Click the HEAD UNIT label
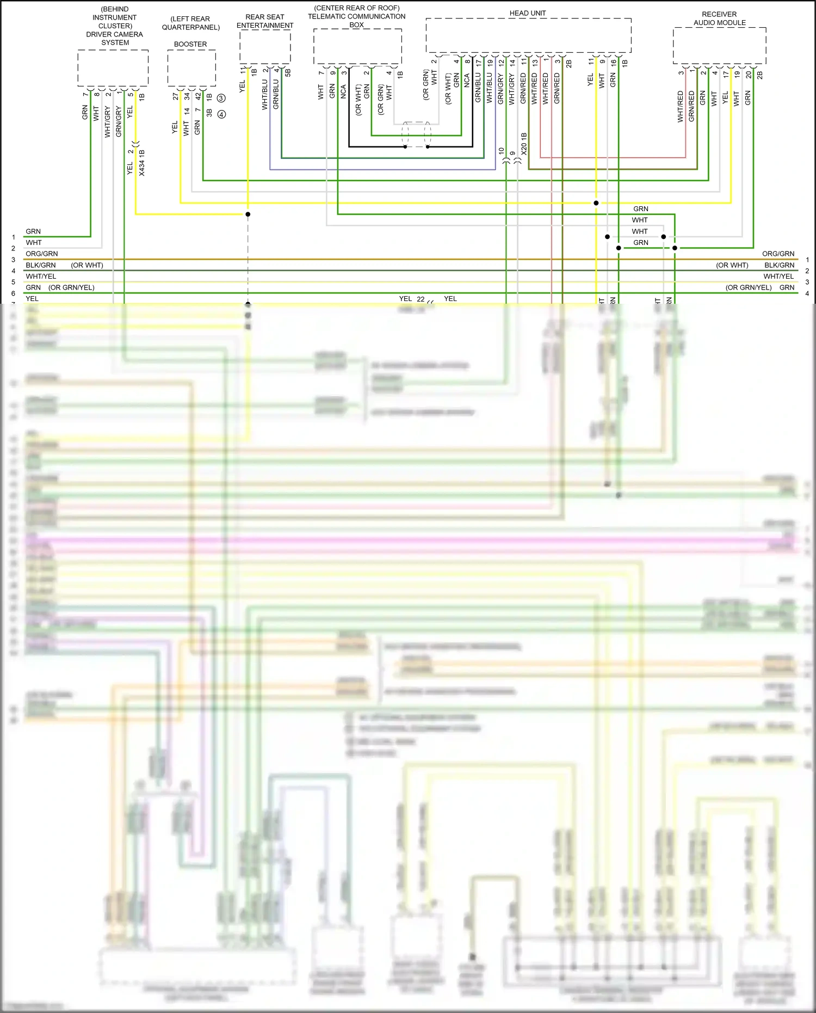527,13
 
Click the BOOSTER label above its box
190,44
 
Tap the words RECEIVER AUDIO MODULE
719,19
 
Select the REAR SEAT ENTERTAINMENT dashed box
265,47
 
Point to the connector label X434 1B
142,162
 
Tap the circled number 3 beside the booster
221,99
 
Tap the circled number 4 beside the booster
221,114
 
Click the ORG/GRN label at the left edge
41,254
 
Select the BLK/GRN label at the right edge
779,265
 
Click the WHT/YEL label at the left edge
41,277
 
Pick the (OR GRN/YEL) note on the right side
748,287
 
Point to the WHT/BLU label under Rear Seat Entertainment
265,95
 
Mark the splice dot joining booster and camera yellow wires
248,214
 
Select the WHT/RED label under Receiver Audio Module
680,106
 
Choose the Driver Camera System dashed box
113,68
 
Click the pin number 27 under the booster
175,96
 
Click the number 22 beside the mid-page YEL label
421,299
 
